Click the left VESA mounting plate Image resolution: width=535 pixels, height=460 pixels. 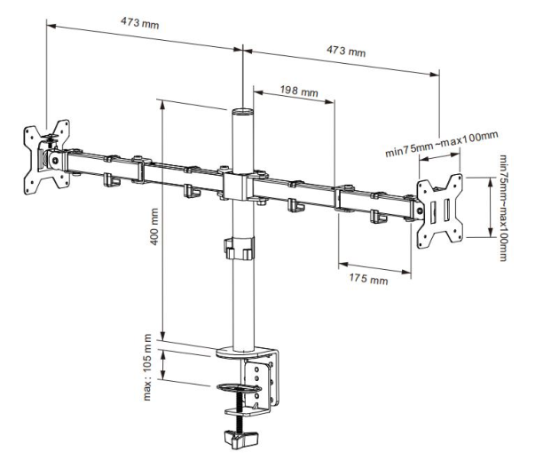[44, 156]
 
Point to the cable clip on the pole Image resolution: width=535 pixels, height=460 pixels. [238, 248]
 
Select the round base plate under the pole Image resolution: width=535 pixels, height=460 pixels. [241, 352]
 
